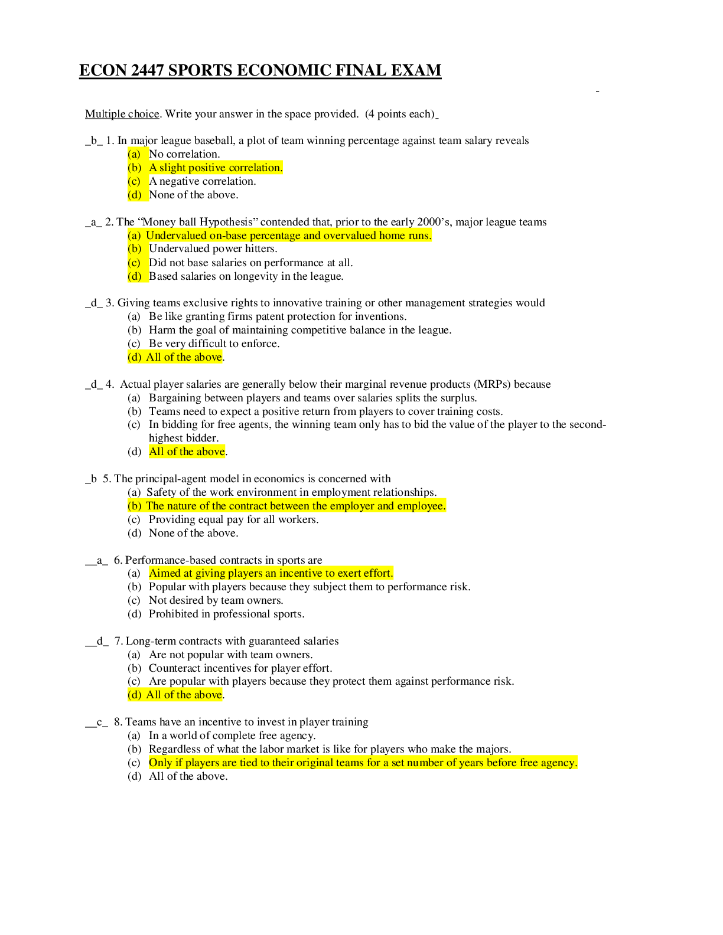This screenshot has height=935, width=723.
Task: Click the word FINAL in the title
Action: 361,70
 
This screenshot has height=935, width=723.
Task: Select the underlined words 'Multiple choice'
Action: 122,114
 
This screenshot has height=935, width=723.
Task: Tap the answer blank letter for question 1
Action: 94,140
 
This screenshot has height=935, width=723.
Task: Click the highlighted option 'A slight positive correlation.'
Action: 216,168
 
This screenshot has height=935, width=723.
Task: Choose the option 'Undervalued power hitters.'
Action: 213,249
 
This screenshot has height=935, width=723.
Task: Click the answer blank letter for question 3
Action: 94,303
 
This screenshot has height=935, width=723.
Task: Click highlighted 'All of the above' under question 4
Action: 187,452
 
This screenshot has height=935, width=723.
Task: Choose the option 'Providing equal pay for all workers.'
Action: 234,520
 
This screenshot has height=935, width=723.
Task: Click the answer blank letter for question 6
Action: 100,560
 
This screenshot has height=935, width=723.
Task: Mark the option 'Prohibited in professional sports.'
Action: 226,614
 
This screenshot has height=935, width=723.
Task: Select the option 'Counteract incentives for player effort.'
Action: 240,668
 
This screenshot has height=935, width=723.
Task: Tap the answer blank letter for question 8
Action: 100,722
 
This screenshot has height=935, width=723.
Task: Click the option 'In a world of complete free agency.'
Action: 232,735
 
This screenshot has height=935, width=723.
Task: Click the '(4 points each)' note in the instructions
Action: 400,114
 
